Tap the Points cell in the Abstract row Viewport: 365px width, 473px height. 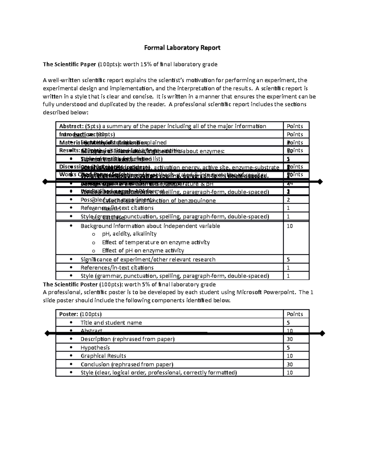(295, 126)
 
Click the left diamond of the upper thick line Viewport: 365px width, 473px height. (45, 182)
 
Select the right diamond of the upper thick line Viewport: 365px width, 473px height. (320, 182)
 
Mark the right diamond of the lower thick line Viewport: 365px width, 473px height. (322, 334)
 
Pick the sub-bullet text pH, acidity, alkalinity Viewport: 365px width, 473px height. (129, 234)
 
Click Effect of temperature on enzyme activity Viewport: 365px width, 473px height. (156, 242)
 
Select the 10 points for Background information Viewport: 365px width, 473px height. (290, 226)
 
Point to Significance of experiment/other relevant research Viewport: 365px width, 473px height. (148, 259)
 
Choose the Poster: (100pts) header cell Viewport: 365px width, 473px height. (80, 314)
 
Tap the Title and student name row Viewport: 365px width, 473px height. (111, 323)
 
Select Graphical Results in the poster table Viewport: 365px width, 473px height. (103, 356)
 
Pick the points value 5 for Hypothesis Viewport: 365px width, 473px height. (288, 348)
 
